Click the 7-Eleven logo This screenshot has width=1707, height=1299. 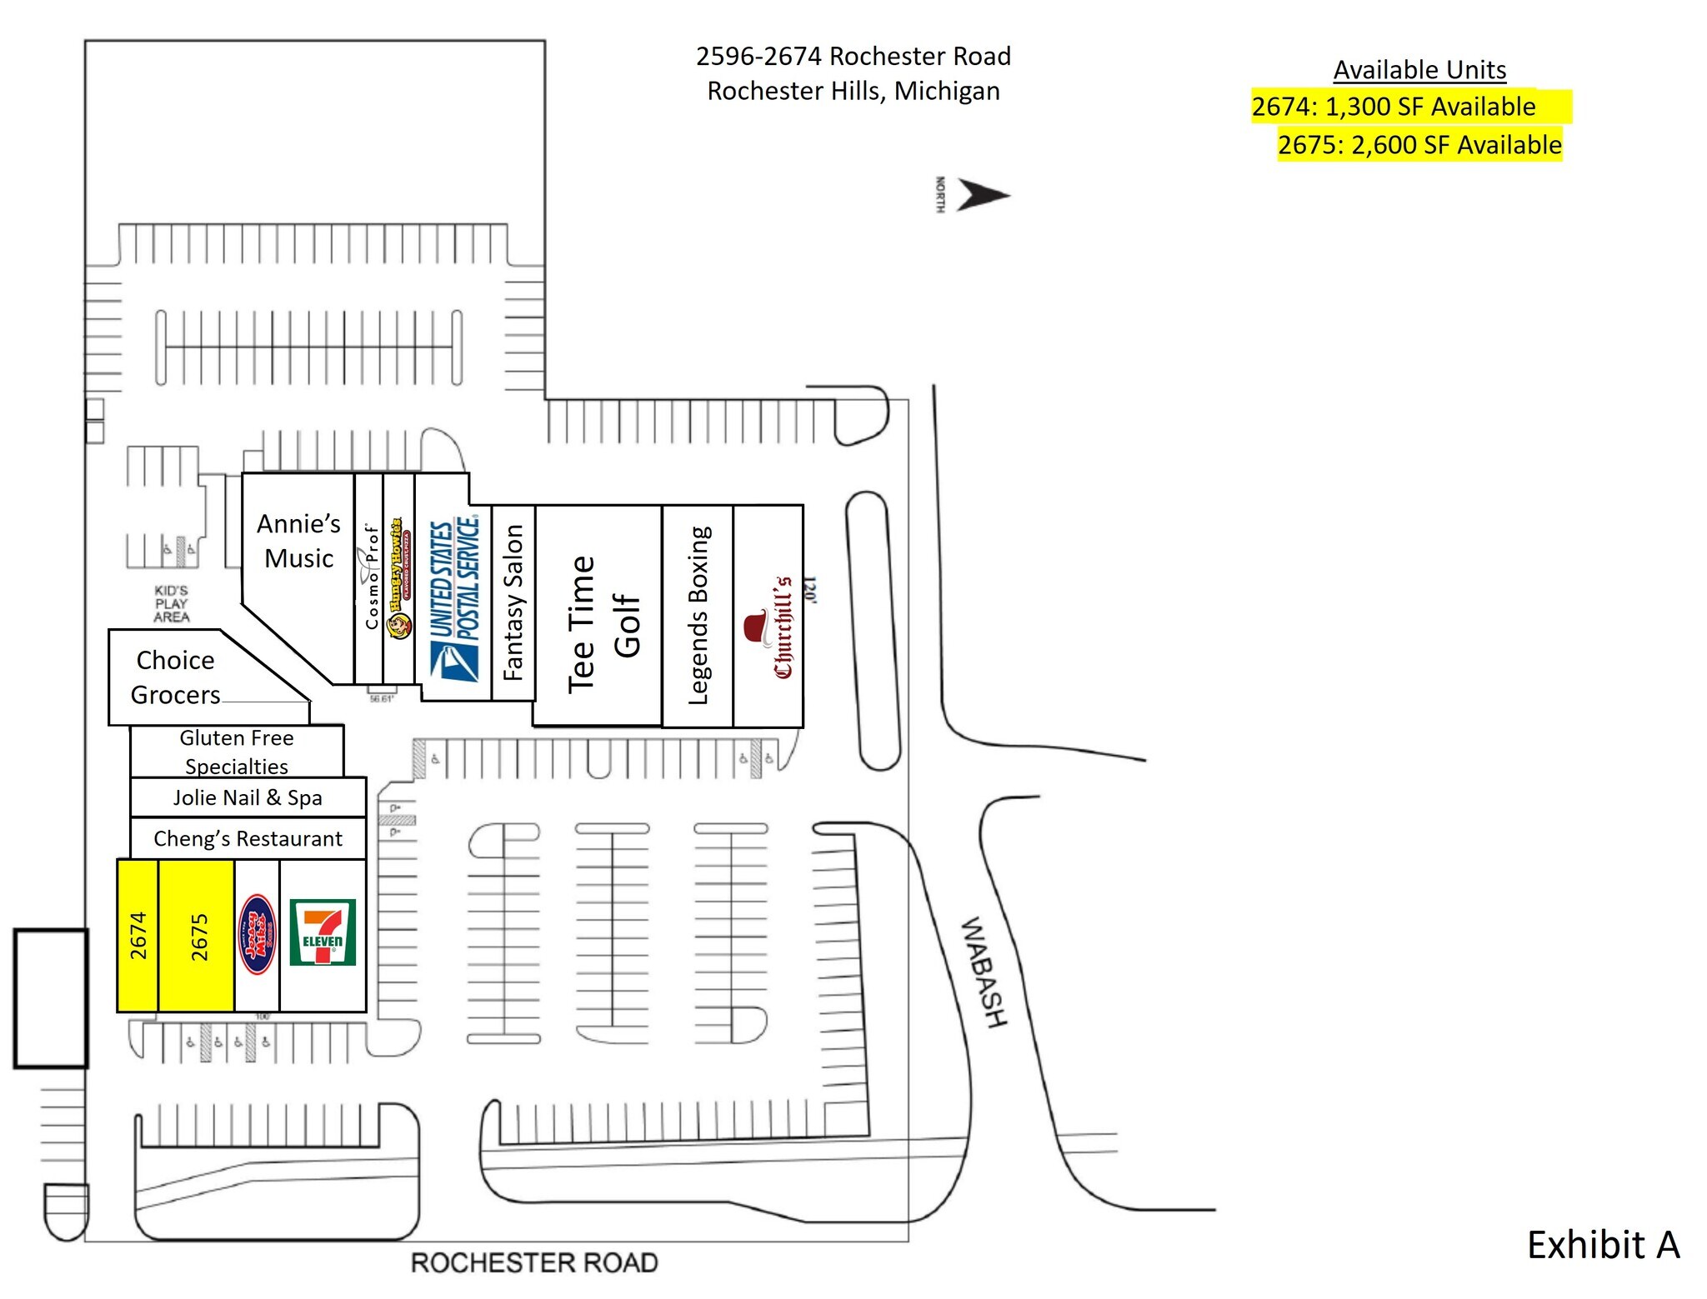pos(323,932)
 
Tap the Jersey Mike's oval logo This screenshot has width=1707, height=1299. pos(257,934)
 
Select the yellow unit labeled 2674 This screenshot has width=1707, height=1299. pos(138,935)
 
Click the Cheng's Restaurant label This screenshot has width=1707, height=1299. pos(248,838)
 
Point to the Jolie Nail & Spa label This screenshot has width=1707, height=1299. pos(248,797)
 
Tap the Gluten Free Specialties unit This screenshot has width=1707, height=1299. pos(237,752)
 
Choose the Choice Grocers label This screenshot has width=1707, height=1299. pos(176,677)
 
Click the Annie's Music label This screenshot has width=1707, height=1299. pos(298,541)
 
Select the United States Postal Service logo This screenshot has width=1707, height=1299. pos(454,600)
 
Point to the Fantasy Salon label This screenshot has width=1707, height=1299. pos(513,602)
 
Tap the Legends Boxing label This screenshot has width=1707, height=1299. pos(698,615)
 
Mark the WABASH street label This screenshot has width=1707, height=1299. pos(984,972)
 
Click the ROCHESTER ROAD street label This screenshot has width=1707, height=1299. pos(534,1262)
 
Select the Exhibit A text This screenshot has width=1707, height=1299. pos(1602,1245)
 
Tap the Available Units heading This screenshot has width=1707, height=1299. pos(1419,70)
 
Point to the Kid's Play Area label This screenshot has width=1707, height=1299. pos(172,603)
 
